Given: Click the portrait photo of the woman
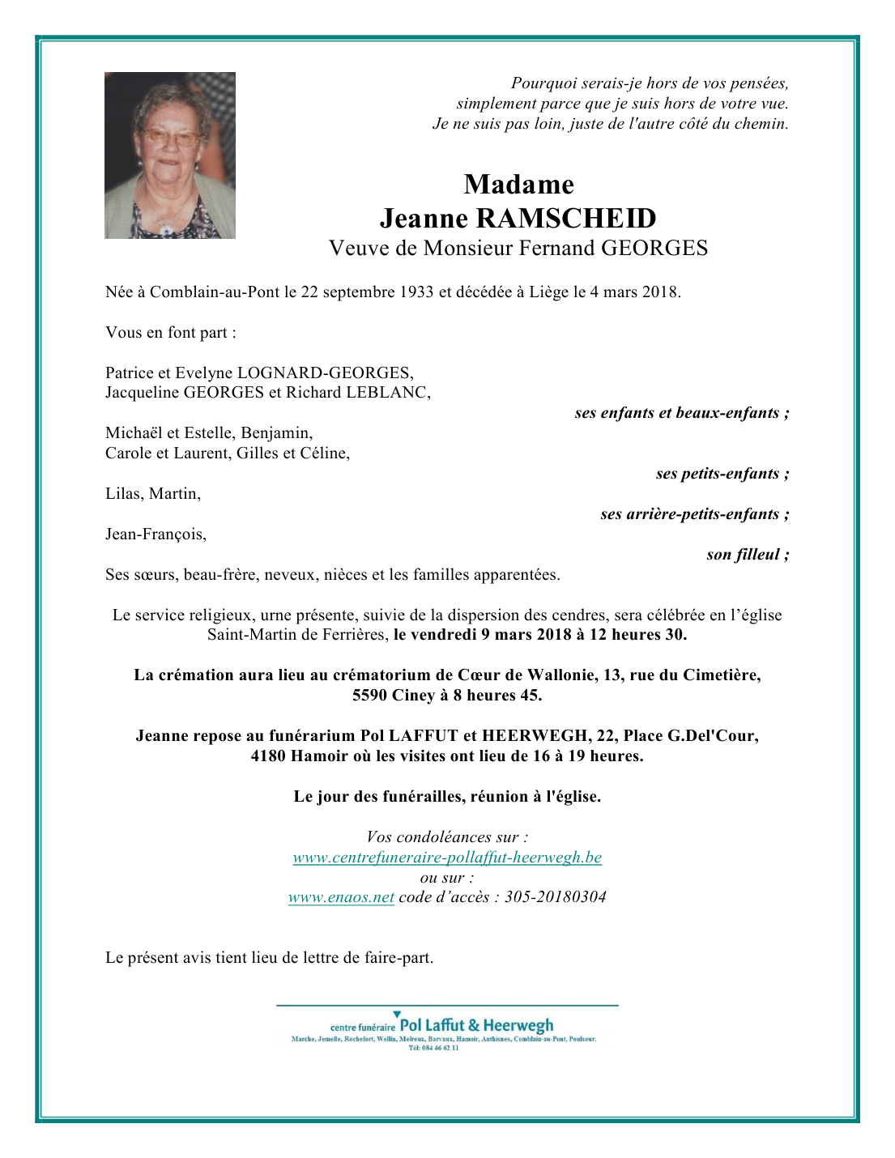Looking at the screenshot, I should [x=170, y=155].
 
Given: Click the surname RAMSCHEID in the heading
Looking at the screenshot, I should [x=565, y=219].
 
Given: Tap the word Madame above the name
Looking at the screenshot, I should [x=518, y=185].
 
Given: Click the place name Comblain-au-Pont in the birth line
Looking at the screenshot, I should [x=215, y=292].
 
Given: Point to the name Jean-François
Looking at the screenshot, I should [x=156, y=534].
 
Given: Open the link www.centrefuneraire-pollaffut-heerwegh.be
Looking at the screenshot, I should [x=447, y=858].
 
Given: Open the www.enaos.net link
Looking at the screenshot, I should [x=341, y=897].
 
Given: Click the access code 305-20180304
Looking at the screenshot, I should [x=555, y=897].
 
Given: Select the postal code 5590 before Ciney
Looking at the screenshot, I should [x=369, y=696].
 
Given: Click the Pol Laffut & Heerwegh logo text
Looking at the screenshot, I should [x=476, y=1025].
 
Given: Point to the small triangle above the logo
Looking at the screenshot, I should [x=397, y=1014].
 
